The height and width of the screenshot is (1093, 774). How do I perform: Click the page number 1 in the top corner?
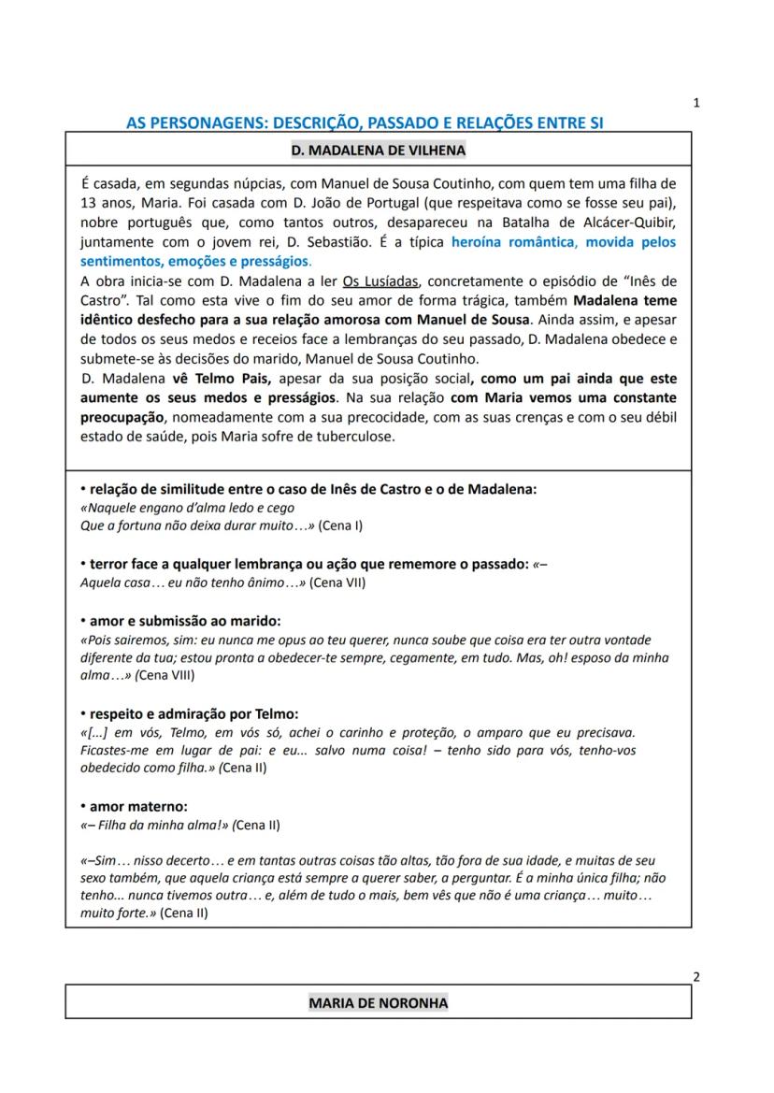coord(696,104)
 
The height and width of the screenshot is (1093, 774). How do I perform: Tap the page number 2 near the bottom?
coord(696,978)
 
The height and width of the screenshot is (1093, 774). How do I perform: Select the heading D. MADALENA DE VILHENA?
coord(378,150)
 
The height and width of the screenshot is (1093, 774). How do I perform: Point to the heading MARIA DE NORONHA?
coord(378,1003)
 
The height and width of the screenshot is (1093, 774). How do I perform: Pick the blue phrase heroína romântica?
coord(510,241)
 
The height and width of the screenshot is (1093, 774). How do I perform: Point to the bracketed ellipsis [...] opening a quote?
coord(93,732)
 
